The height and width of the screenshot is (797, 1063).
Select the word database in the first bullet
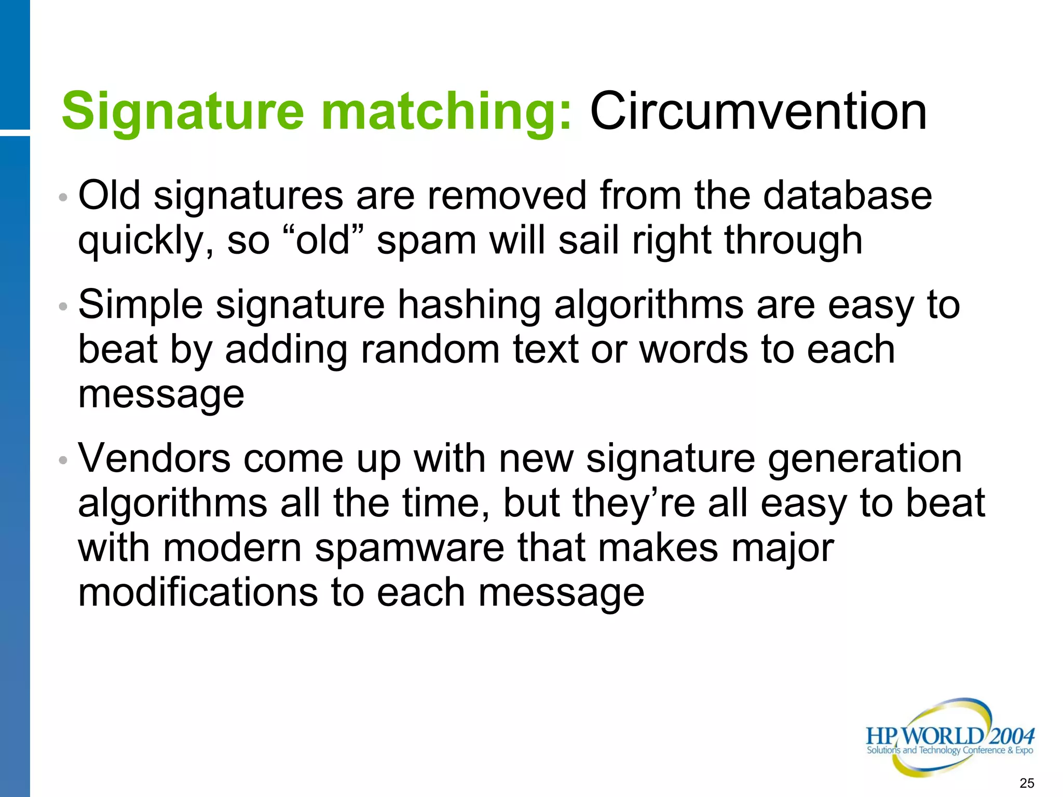point(847,196)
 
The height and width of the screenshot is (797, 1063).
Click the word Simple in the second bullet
point(140,306)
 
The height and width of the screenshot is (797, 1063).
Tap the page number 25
point(1027,783)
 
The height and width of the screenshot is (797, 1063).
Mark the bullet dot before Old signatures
point(63,197)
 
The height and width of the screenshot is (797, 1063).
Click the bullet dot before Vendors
point(63,460)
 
